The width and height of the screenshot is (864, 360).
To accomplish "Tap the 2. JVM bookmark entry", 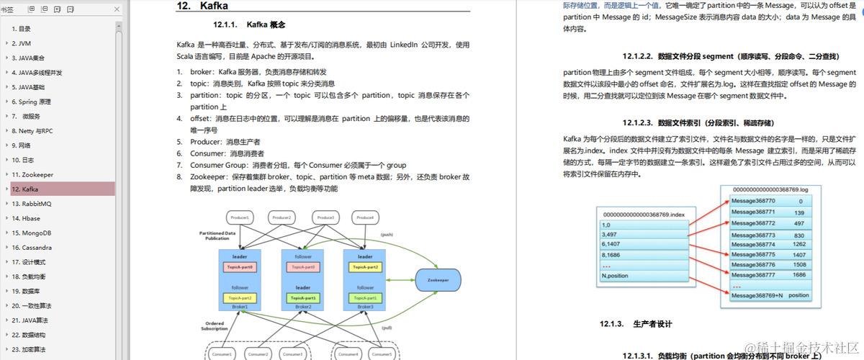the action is click(21, 43).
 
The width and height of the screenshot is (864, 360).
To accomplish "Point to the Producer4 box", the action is click(366, 217).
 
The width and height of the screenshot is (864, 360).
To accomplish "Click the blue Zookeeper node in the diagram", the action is click(438, 280).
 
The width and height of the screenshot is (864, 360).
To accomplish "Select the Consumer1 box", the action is click(221, 354).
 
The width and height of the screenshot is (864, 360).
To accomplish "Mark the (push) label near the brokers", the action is click(387, 235).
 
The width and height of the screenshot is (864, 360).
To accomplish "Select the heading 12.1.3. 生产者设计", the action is click(636, 324).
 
